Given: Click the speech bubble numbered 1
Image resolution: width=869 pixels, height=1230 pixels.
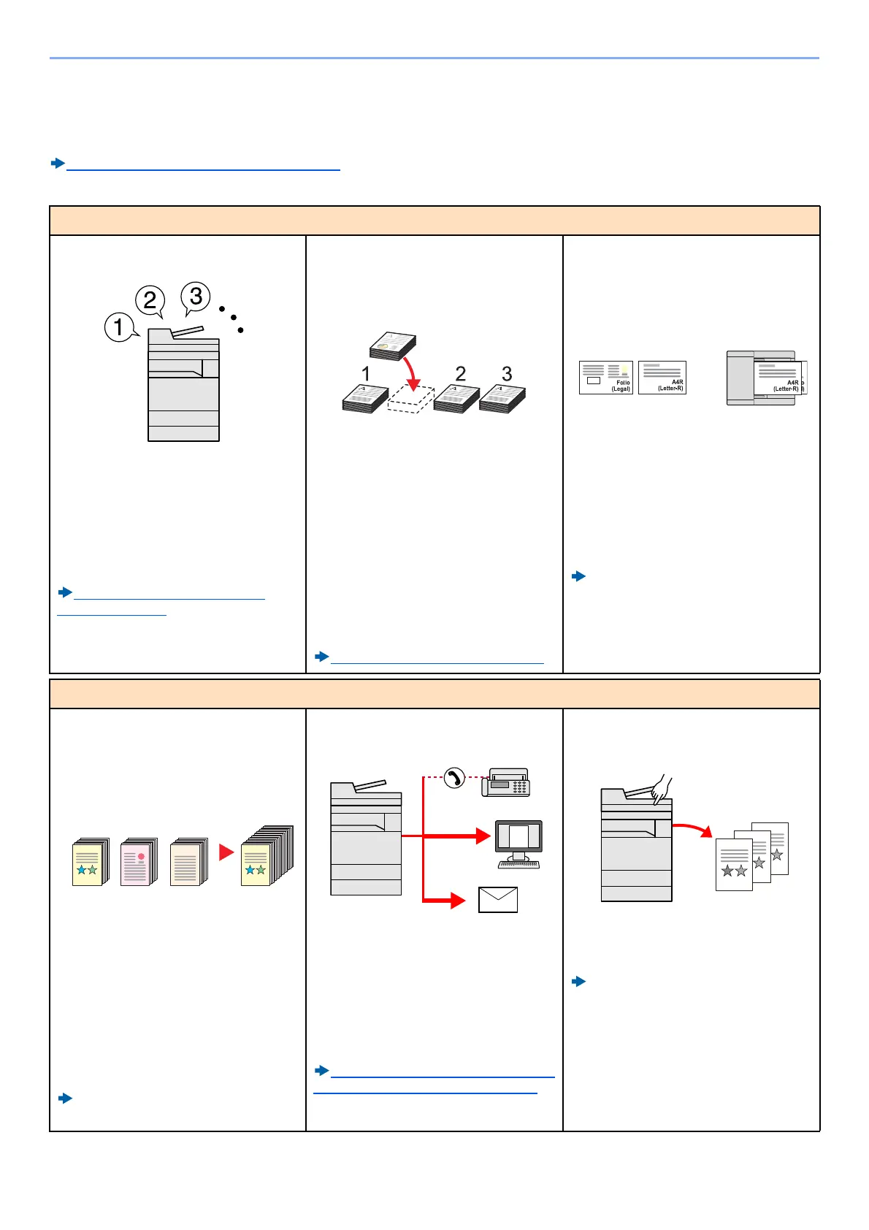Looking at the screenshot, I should click(119, 326).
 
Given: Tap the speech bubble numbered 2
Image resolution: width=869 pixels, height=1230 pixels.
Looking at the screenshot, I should click(150, 299).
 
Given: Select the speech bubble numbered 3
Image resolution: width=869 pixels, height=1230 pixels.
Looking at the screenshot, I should click(195, 296).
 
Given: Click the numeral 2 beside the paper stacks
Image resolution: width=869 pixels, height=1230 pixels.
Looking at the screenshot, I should click(460, 374).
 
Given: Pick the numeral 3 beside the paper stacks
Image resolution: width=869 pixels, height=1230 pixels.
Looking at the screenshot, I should click(507, 374).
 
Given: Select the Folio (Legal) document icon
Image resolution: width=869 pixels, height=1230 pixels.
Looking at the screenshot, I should click(605, 378).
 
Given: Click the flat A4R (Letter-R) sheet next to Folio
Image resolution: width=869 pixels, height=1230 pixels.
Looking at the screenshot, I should click(662, 378).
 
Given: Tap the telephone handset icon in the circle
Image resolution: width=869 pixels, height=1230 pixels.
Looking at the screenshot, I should click(454, 778).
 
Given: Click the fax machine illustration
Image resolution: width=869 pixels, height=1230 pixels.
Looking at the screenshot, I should click(506, 783).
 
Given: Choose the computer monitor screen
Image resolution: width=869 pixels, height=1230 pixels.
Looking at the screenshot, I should click(518, 836).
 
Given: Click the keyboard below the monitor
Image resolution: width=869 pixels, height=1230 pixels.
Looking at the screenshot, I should click(518, 864).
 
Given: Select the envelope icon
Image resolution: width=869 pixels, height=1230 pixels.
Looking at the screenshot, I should click(498, 900).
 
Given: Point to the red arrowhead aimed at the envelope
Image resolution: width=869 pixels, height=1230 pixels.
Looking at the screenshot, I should click(459, 901).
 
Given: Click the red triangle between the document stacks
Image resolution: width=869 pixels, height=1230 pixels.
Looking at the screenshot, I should click(226, 852).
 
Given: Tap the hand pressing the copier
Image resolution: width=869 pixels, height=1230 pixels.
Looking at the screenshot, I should click(662, 790).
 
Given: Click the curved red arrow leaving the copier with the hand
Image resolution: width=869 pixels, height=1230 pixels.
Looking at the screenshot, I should click(693, 829).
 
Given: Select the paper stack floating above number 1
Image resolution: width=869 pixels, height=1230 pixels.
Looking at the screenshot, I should click(393, 346).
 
